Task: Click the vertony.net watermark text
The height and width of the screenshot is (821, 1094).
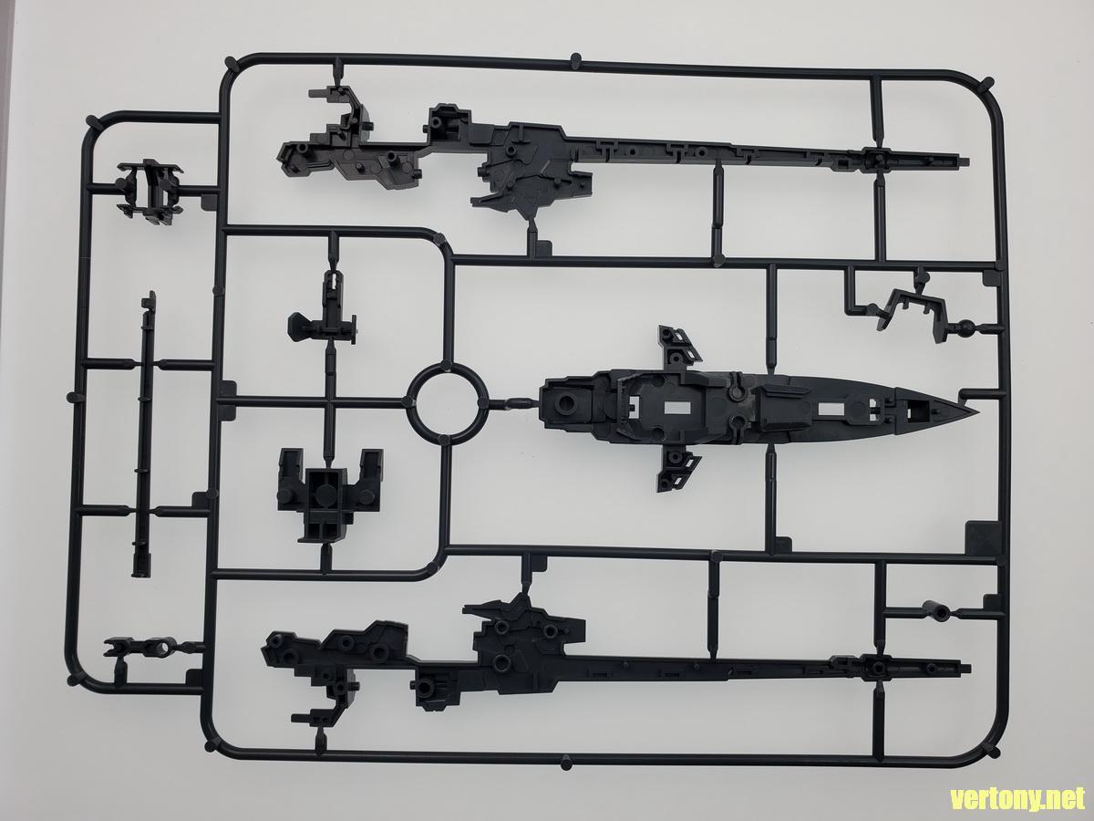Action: pyautogui.click(x=1018, y=799)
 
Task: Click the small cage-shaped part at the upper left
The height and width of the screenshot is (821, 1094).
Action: pyautogui.click(x=149, y=189)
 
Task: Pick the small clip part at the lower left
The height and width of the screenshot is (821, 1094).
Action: pyautogui.click(x=138, y=649)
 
